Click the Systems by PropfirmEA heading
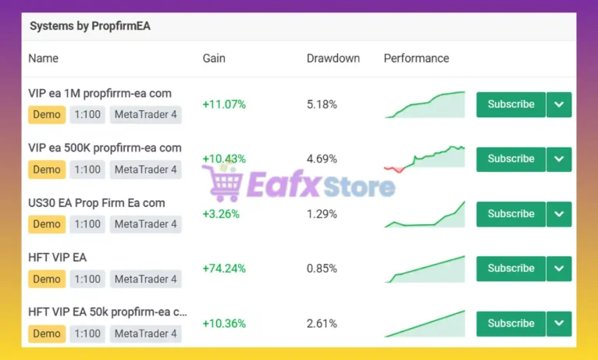click(x=90, y=26)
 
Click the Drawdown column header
click(x=333, y=59)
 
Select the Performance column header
click(x=416, y=59)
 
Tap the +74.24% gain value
click(x=224, y=269)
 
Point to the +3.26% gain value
click(x=221, y=214)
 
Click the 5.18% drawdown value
click(x=322, y=104)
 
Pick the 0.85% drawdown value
click(x=322, y=269)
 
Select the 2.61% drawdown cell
click(x=322, y=323)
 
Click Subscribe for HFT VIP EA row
click(x=511, y=269)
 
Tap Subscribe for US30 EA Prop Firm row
click(x=511, y=214)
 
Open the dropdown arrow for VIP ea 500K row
click(x=559, y=159)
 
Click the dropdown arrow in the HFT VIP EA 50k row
click(x=559, y=323)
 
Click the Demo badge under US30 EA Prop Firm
click(x=47, y=224)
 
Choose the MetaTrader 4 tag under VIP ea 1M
click(x=145, y=115)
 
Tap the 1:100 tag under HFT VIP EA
click(x=87, y=279)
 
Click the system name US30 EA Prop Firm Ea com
click(x=97, y=203)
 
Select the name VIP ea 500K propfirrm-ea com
click(x=105, y=148)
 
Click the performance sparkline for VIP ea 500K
click(x=425, y=159)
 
